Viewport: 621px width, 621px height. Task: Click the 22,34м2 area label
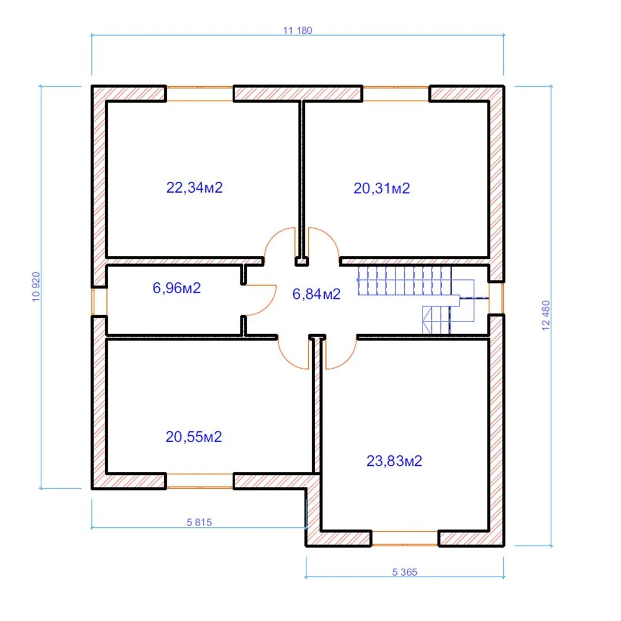point(194,187)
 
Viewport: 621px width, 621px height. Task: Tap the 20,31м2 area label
point(382,189)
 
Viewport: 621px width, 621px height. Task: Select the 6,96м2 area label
point(177,288)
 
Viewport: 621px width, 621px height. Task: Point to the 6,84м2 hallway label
point(316,294)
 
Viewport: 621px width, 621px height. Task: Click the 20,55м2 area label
point(194,437)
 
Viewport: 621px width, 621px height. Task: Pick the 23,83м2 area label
point(394,461)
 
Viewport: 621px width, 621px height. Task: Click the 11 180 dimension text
point(298,30)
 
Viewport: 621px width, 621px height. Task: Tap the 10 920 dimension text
point(36,287)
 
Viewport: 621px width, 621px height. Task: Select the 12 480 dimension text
point(546,315)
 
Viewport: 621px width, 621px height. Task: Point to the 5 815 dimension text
point(199,522)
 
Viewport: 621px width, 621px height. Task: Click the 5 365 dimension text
point(405,572)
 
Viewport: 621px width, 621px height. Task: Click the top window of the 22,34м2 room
point(200,94)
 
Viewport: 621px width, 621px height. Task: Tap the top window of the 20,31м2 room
point(396,94)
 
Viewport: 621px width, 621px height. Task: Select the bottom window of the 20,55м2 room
point(200,481)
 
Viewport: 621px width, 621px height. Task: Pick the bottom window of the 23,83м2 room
point(405,538)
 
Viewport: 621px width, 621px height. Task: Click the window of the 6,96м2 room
point(99,301)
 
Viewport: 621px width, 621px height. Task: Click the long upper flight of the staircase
point(405,281)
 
